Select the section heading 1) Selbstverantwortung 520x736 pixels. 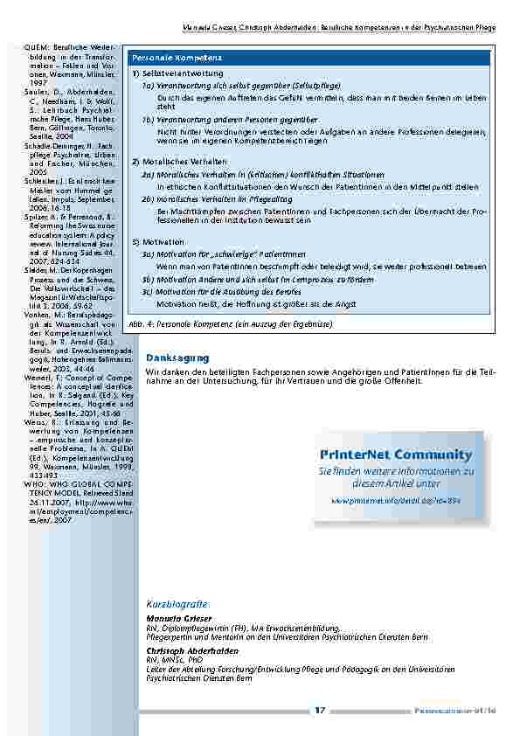177,73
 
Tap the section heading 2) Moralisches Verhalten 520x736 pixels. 179,163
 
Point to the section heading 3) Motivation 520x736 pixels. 158,241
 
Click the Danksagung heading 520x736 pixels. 177,358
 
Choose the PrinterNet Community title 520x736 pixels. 396,455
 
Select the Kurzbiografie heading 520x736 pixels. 177,605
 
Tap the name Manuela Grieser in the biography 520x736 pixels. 171,618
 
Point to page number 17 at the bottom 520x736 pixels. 321,711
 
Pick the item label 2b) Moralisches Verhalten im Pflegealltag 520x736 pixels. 214,199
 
